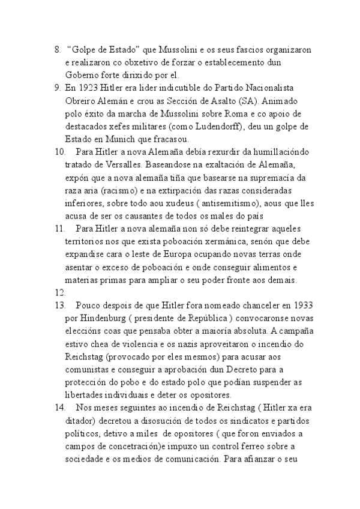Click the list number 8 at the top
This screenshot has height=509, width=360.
click(58, 49)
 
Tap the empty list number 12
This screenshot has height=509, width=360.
click(59, 293)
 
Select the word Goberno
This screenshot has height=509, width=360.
click(82, 75)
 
